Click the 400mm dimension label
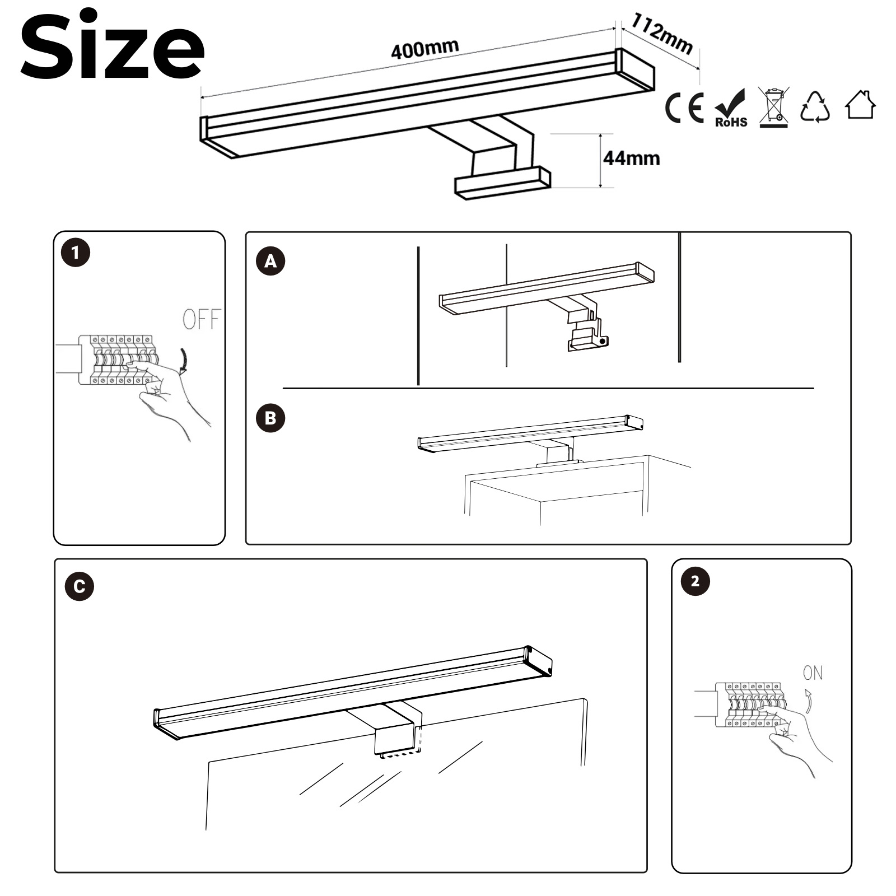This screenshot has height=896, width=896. pyautogui.click(x=425, y=49)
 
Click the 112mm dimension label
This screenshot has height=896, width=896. pyautogui.click(x=662, y=34)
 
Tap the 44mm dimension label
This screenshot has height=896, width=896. pyautogui.click(x=631, y=158)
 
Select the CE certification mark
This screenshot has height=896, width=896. pyautogui.click(x=684, y=108)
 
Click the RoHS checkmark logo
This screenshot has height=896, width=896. pyautogui.click(x=731, y=108)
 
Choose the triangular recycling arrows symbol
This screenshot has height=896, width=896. pyautogui.click(x=815, y=106)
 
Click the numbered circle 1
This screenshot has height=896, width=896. pyautogui.click(x=76, y=253)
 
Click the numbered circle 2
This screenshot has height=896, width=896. pyautogui.click(x=695, y=581)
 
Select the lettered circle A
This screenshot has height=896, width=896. pyautogui.click(x=270, y=261)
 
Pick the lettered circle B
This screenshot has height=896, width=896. pyautogui.click(x=270, y=418)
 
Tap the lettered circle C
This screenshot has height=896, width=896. pyautogui.click(x=80, y=586)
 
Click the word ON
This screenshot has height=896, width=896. pyautogui.click(x=813, y=673)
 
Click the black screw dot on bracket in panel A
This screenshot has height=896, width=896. pyautogui.click(x=602, y=340)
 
